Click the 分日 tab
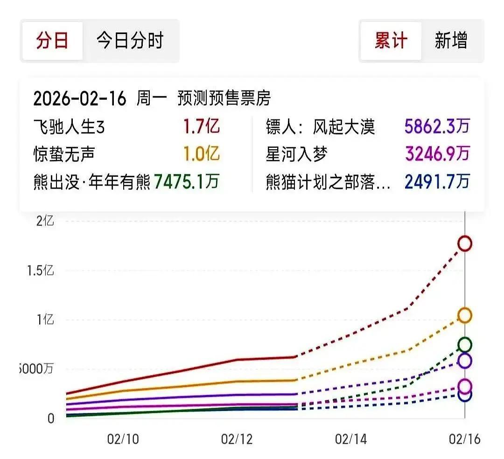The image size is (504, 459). pos(52,41)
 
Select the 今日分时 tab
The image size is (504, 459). pos(130,41)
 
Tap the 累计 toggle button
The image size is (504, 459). pos(391,41)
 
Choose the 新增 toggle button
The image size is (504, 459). pos(451,41)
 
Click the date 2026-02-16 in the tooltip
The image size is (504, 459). pos(80,98)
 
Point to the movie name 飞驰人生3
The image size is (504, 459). pos(69,127)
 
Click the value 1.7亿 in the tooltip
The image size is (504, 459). pos(201,126)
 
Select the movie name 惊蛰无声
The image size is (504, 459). pos(64,154)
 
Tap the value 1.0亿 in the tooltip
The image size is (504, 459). pos(201,154)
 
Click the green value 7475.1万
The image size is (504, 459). pos(186,181)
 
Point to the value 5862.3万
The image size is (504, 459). pos(437,126)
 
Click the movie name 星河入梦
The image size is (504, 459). pos(297,154)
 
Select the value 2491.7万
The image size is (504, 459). pos(437,181)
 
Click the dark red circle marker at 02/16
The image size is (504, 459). pos(465,243)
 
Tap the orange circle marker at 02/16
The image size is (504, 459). pos(465,316)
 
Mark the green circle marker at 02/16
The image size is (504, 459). pos(465,345)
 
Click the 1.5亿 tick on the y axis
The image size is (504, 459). pos(39,271)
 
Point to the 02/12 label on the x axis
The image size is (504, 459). pos(237,439)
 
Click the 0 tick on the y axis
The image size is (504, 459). pos(50,418)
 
